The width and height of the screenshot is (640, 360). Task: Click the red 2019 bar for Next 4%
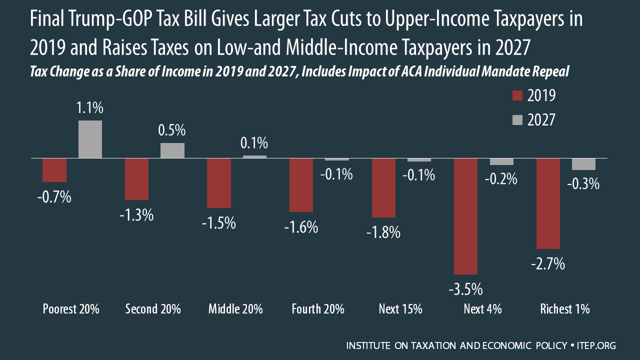coord(466,216)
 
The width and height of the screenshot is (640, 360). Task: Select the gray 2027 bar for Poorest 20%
coord(90,139)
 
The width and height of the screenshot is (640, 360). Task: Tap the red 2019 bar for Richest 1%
coord(548,203)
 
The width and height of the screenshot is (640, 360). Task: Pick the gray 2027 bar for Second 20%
coord(172,150)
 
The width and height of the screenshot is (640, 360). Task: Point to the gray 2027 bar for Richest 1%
coord(583,164)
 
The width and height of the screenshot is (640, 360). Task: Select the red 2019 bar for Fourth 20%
coord(301,185)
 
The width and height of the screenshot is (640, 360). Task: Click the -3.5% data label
coord(466,289)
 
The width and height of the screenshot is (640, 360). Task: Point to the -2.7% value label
coord(548,263)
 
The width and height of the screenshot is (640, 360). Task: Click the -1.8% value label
coord(383,232)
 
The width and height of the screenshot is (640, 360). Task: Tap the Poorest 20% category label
coord(70,309)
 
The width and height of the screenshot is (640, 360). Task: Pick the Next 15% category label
coord(400,309)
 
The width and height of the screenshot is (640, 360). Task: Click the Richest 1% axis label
coord(565,309)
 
